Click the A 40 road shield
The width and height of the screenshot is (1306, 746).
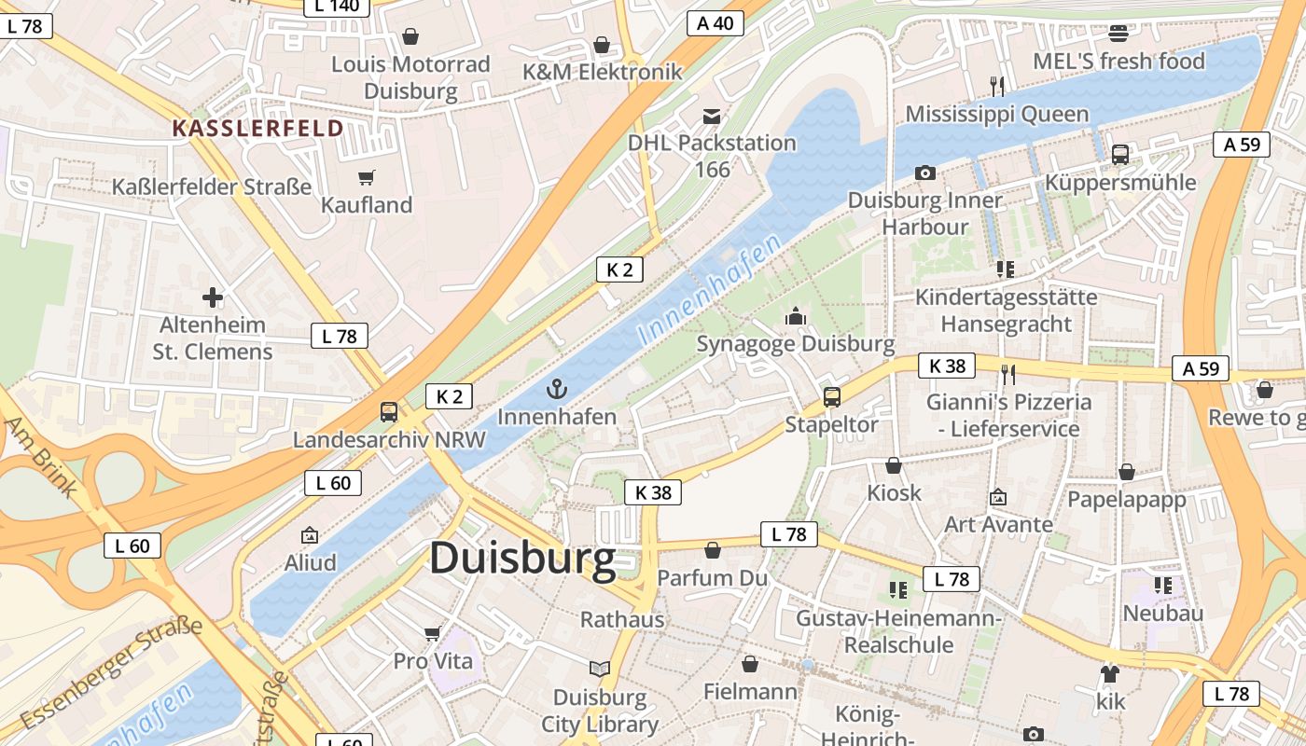coord(716,23)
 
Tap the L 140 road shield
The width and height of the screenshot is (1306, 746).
coord(337,6)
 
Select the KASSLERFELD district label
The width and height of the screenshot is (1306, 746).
coord(257,128)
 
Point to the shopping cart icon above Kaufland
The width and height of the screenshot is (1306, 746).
coord(367,177)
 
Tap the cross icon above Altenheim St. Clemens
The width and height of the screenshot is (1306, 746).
coord(213,297)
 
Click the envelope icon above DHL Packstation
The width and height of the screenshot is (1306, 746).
coord(712,116)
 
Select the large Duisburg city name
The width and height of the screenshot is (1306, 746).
coord(522,559)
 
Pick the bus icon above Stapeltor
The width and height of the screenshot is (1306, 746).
coord(832,397)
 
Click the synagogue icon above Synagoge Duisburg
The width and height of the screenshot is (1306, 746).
coord(796,317)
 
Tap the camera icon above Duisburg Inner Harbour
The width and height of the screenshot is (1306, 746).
coord(924,173)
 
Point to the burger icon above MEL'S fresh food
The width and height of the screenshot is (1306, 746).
coord(1118,34)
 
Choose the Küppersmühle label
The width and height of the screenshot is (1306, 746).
coord(1120,182)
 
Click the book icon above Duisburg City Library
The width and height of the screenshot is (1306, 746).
coord(600,669)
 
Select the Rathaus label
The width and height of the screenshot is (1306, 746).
coord(622,619)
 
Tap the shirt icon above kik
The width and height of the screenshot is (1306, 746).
coord(1109,672)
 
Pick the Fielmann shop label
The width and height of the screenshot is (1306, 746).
coord(750,691)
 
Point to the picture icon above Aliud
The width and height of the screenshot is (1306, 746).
coord(310,535)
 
